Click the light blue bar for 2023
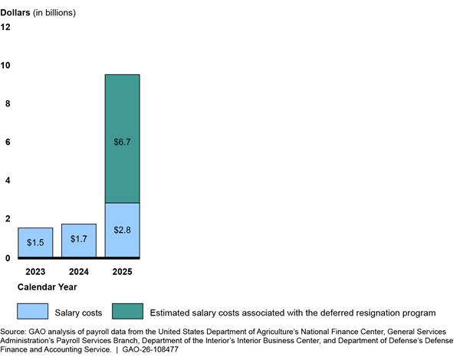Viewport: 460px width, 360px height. (x=35, y=243)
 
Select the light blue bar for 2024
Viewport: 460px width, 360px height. (x=79, y=241)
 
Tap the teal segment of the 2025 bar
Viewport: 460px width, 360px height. (x=123, y=139)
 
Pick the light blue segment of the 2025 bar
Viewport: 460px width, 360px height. (x=123, y=230)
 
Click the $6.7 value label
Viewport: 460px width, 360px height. (x=122, y=142)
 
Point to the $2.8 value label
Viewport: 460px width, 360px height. (x=122, y=230)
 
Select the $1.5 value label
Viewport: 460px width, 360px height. (x=35, y=243)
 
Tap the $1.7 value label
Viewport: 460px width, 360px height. (x=79, y=239)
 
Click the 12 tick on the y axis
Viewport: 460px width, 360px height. (x=5, y=28)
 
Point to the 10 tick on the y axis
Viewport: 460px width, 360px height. (x=5, y=65)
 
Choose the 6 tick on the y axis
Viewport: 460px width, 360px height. (x=8, y=142)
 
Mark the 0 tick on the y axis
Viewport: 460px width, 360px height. (x=8, y=258)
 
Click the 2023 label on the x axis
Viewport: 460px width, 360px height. (x=35, y=272)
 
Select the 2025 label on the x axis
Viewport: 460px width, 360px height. (x=122, y=272)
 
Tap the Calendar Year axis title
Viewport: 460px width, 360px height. (x=47, y=287)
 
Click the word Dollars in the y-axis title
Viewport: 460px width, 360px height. (x=15, y=12)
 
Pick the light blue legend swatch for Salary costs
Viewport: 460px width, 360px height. (x=32, y=311)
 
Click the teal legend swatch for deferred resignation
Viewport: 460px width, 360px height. (x=127, y=311)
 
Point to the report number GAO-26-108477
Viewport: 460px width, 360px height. (x=150, y=349)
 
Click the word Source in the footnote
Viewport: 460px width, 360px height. (x=13, y=332)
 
